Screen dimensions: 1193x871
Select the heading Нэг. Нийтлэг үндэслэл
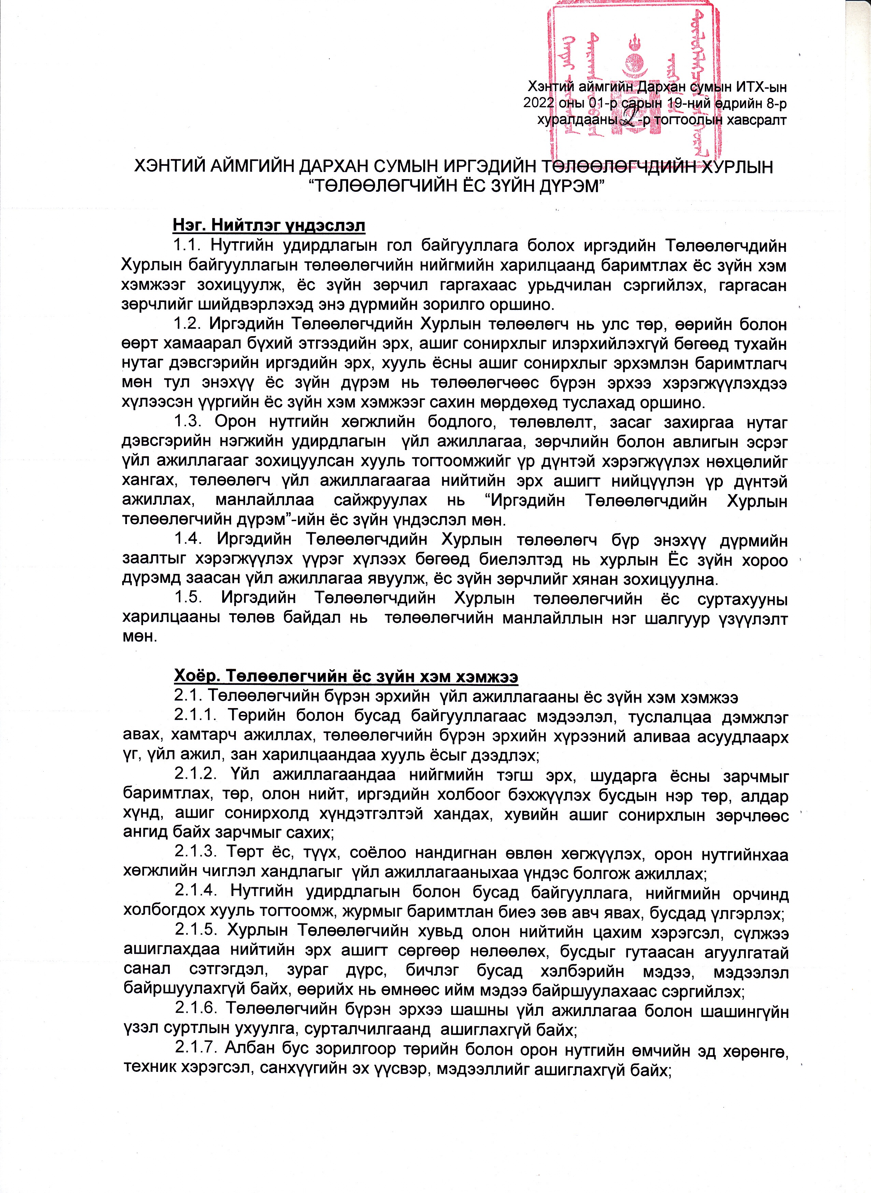269,226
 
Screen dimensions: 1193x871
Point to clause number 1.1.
188,246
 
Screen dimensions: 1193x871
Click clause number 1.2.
188,324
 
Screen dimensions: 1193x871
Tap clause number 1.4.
188,540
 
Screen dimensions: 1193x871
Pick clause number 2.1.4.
195,894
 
